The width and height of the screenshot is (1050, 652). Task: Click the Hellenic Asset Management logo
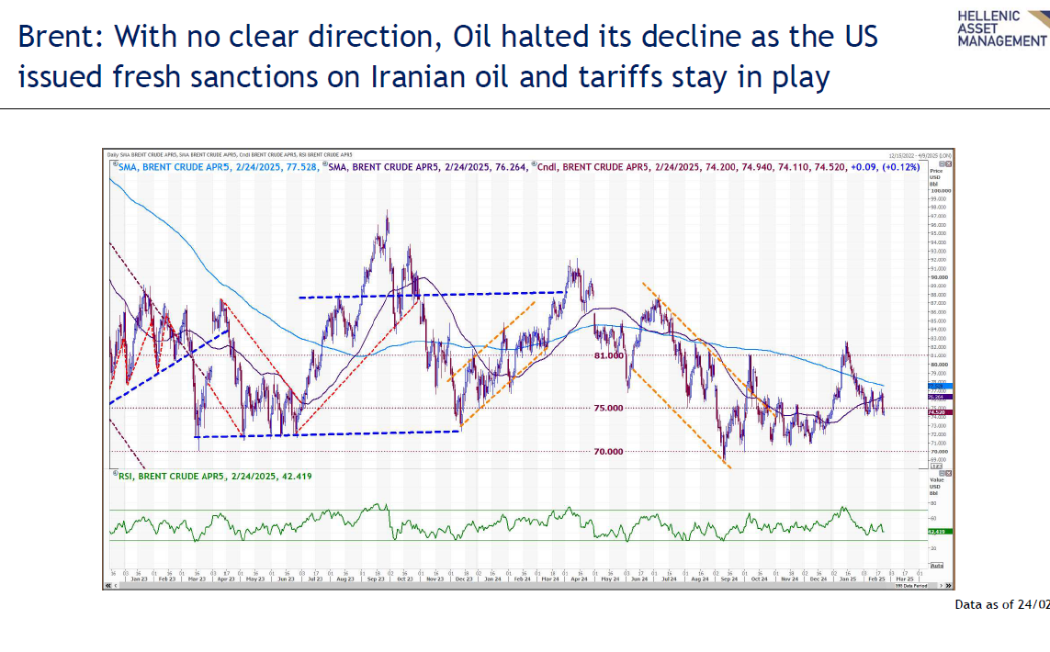(x=1000, y=28)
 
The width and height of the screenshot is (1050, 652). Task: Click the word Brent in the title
(x=59, y=37)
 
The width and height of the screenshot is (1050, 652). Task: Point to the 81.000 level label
(x=608, y=355)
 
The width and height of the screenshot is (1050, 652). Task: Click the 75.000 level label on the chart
(x=608, y=408)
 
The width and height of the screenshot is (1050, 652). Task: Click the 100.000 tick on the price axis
(x=939, y=190)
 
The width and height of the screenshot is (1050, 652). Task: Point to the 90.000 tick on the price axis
(x=939, y=277)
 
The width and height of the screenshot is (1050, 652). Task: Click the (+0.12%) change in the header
(x=901, y=168)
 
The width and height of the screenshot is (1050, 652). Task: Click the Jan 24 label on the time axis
(x=493, y=579)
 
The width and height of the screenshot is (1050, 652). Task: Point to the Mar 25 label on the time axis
(x=905, y=579)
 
